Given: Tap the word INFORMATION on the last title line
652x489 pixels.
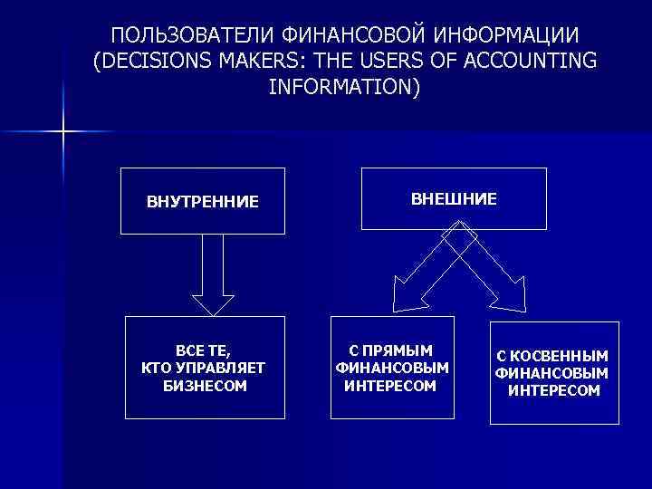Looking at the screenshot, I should click(344, 88).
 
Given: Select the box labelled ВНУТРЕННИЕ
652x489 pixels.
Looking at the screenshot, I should click(202, 199).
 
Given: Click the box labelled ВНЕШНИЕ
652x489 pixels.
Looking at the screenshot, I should click(454, 198).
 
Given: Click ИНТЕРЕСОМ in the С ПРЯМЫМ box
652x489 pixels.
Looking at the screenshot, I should click(390, 386).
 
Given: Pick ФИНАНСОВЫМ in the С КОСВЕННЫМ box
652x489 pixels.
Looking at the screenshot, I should click(551, 373).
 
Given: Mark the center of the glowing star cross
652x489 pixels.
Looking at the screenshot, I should click(63, 132).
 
